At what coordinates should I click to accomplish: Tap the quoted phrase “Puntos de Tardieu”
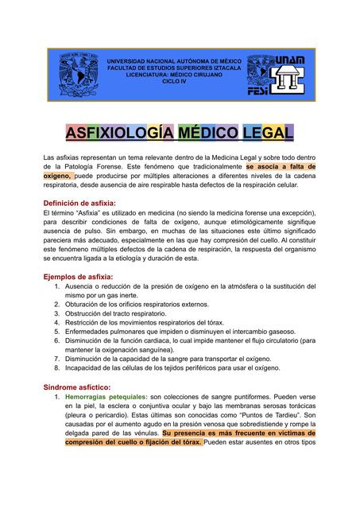tap(261, 415)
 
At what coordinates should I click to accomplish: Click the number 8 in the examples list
tap(57, 368)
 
